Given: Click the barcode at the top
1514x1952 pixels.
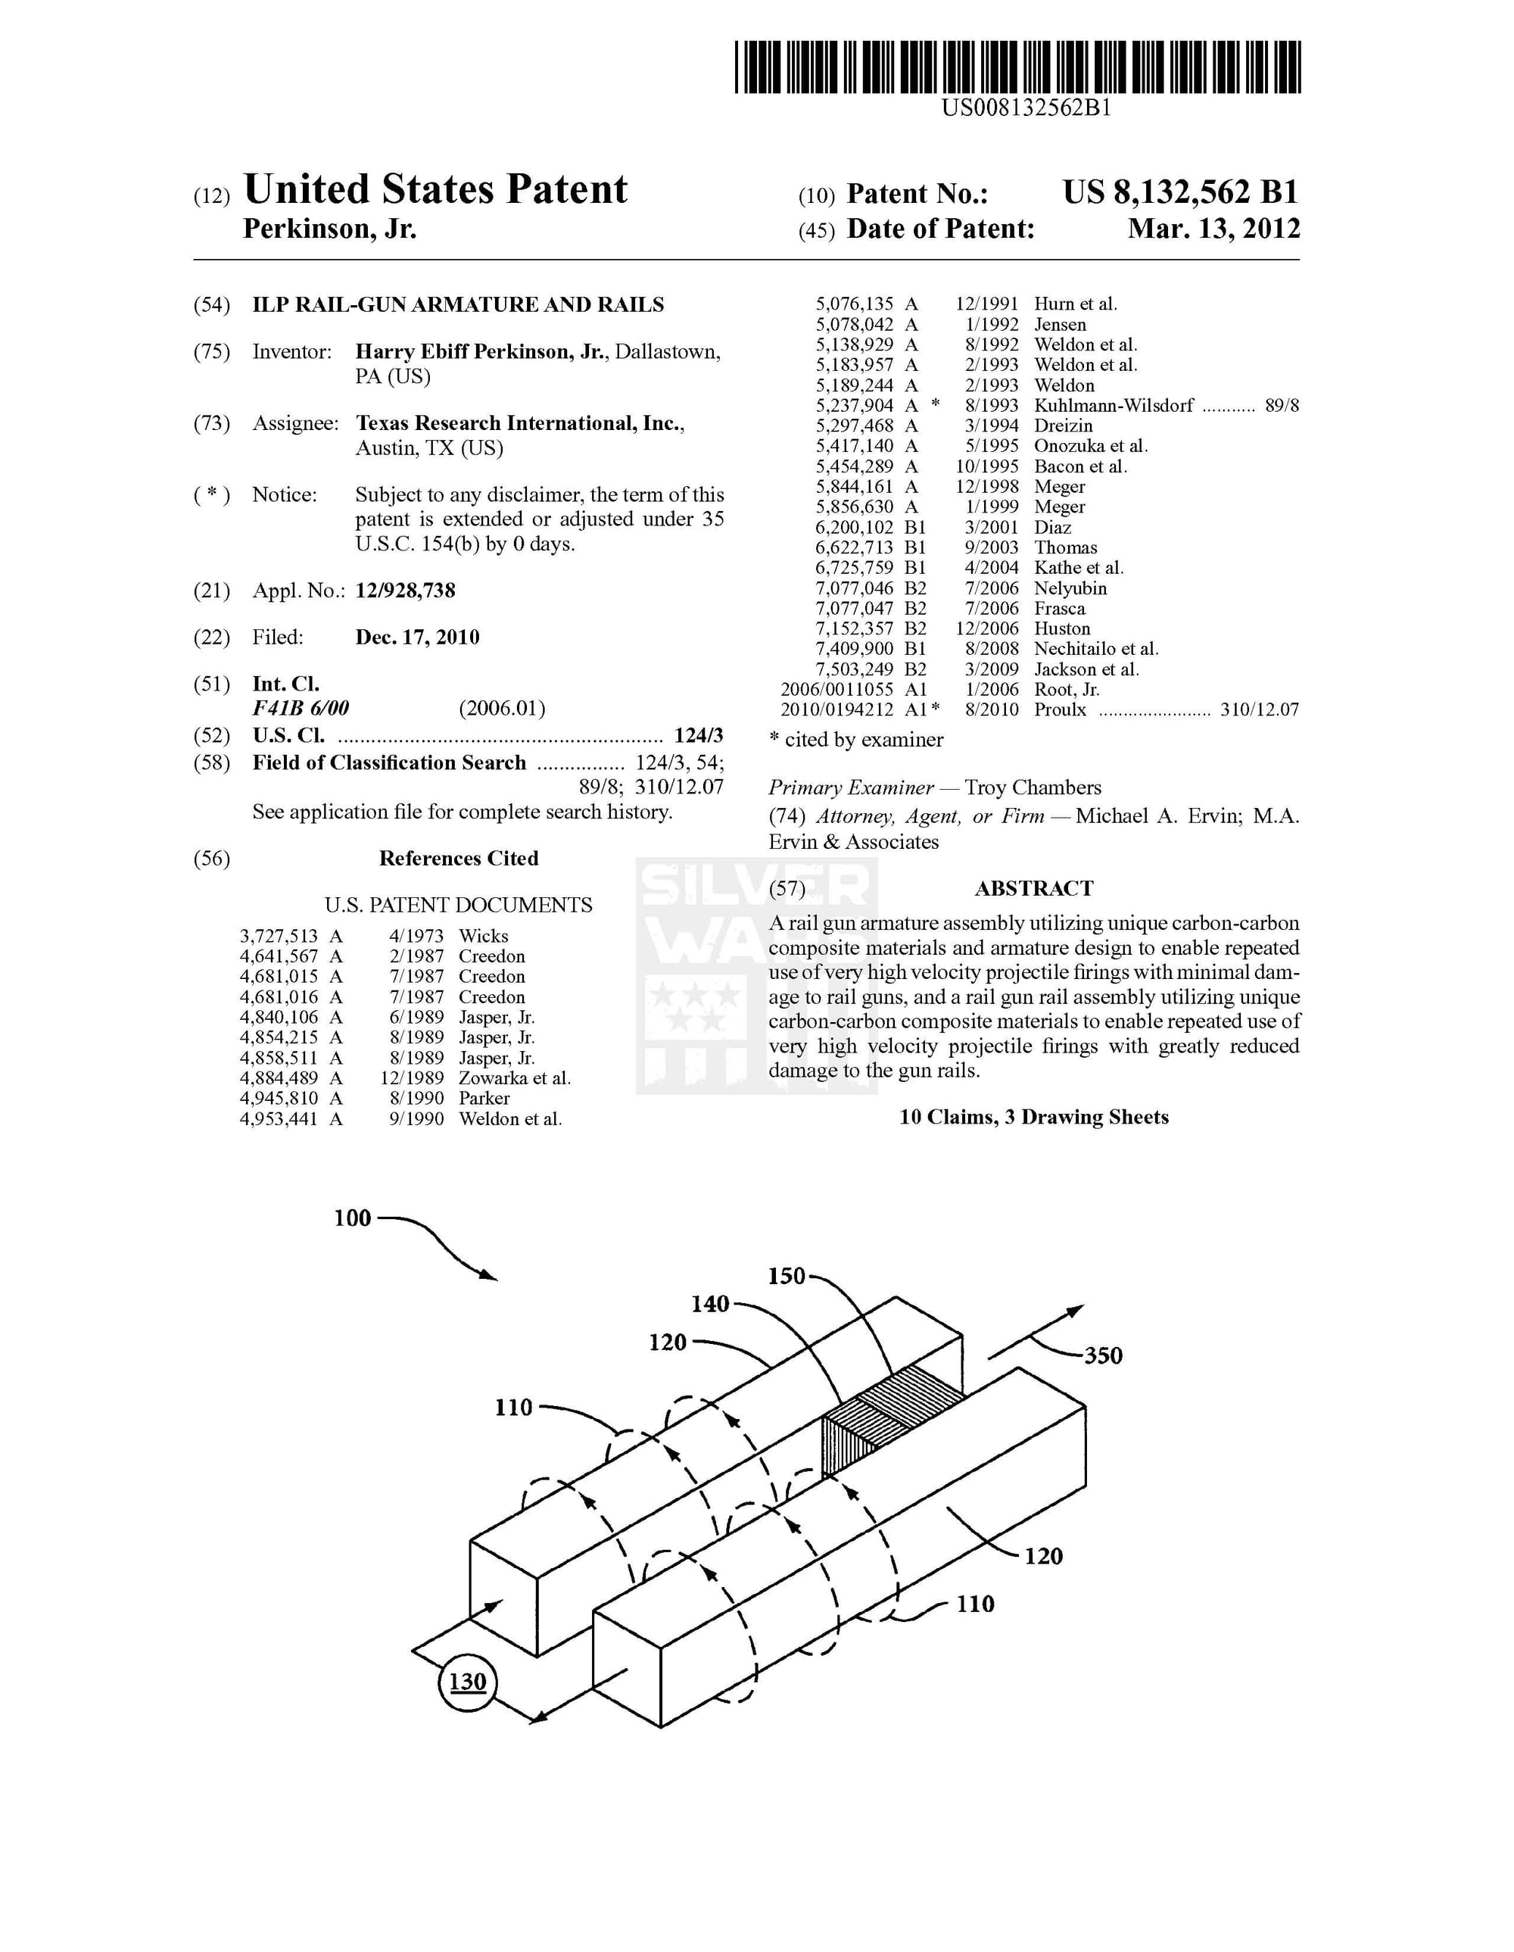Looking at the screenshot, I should click(1017, 67).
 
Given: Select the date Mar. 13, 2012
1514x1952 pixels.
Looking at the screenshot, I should click(1213, 229).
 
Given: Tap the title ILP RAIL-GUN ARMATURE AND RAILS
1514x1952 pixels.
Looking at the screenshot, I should click(457, 305).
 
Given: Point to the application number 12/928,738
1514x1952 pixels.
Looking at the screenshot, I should click(405, 591).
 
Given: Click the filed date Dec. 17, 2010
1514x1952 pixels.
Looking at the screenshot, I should click(417, 638).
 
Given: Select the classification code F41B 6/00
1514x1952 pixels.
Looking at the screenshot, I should click(301, 709).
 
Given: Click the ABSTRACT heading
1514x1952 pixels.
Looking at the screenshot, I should click(1033, 888).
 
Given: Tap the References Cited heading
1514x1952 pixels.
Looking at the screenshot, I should click(459, 859).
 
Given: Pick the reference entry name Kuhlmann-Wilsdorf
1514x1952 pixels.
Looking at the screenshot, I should click(1113, 406).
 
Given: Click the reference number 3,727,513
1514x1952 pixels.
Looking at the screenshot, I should click(278, 936).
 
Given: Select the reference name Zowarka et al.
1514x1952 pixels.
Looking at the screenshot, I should click(514, 1079).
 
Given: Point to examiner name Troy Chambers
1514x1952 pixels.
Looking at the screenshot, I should click(1033, 787).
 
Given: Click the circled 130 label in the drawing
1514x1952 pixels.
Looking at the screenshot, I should click(467, 1682).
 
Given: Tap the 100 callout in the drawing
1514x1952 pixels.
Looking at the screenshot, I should click(352, 1218).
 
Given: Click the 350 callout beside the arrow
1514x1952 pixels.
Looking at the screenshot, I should click(1103, 1356).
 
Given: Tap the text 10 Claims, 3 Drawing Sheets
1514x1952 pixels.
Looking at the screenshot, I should click(1033, 1118).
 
